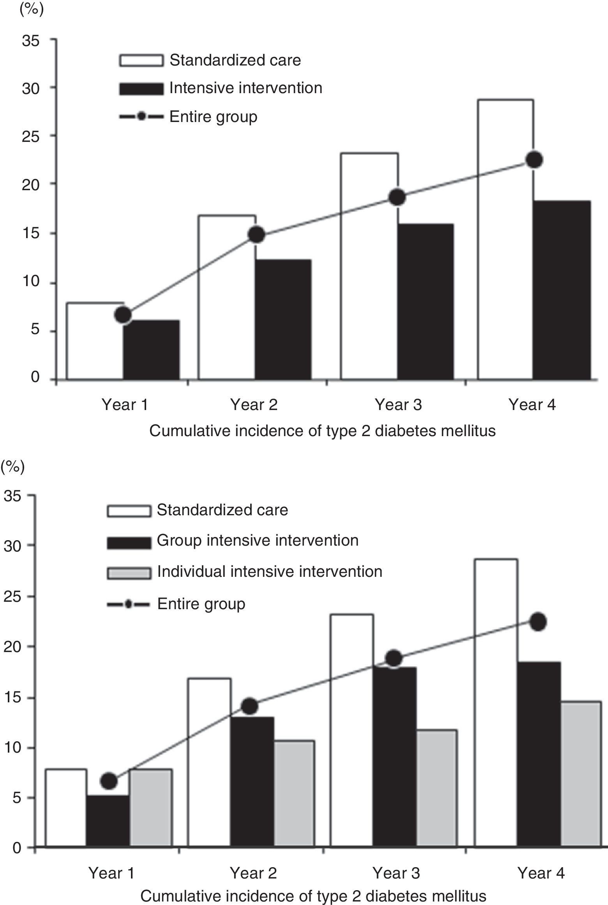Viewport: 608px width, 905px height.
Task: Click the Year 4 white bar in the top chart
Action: point(505,239)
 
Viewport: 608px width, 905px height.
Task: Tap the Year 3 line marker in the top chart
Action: point(398,198)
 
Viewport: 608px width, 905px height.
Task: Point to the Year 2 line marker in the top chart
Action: point(256,235)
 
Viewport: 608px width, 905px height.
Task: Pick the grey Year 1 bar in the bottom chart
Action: point(151,808)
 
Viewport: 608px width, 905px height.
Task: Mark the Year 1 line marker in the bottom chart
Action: point(109,781)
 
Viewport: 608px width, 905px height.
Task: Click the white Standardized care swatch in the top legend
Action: point(141,61)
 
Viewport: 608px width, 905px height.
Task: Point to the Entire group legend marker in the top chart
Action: point(141,117)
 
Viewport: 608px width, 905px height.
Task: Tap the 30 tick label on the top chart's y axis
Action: point(31,89)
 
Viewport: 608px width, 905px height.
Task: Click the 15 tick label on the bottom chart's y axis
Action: point(13,696)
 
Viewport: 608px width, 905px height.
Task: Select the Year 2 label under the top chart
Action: point(254,405)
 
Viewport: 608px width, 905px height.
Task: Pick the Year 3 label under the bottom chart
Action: point(396,872)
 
